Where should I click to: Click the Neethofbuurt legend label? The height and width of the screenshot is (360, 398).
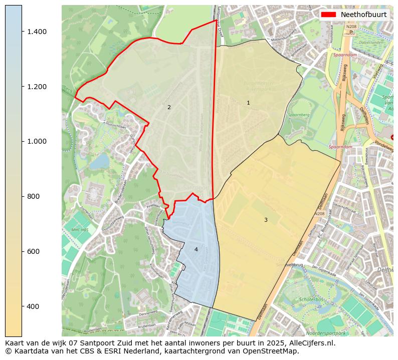(x=363, y=15)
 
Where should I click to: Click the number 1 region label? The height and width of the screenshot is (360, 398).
(x=248, y=103)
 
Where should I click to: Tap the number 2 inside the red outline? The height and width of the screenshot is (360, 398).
(x=169, y=107)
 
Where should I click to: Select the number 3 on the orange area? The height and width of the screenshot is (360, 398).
(x=266, y=220)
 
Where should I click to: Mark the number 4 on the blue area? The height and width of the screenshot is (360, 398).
(x=196, y=249)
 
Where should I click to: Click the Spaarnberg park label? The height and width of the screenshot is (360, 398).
(x=299, y=115)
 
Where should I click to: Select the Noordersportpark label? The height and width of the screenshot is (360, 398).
(x=327, y=333)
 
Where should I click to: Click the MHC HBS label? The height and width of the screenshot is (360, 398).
(x=80, y=230)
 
